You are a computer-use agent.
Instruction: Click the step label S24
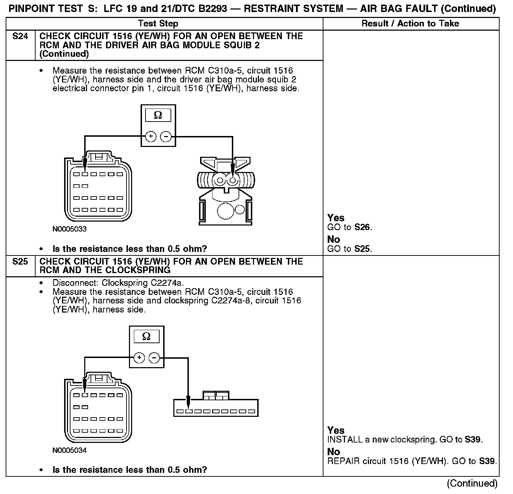[20, 36]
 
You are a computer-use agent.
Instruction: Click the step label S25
[20, 262]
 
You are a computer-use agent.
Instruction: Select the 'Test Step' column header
[158, 24]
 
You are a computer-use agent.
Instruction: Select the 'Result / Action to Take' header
[410, 24]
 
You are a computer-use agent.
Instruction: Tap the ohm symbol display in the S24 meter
[158, 115]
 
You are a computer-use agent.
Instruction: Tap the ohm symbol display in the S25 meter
[146, 337]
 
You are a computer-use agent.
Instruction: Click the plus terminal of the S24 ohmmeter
[151, 136]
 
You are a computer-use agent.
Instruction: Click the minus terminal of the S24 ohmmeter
[166, 136]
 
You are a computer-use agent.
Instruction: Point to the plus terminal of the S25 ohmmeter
[140, 358]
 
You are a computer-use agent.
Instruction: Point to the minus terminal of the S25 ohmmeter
[154, 358]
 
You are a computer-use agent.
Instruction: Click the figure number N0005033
[69, 229]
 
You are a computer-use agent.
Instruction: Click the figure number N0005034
[69, 450]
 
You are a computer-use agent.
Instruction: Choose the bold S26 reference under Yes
[363, 227]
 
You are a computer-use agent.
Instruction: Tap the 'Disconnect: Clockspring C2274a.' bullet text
[118, 283]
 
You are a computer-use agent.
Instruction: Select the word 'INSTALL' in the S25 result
[340, 439]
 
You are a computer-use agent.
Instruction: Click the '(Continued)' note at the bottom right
[472, 483]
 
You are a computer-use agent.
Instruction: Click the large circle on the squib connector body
[225, 211]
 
